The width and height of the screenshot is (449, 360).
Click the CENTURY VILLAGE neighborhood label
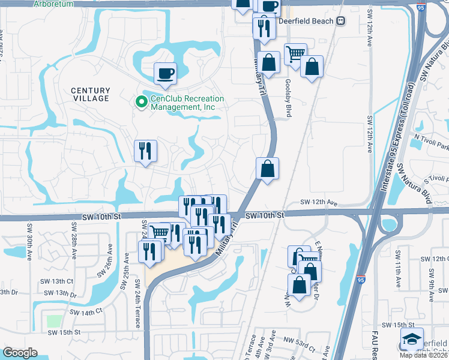[x=91, y=94]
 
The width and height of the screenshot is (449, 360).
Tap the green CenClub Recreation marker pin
[x=142, y=103]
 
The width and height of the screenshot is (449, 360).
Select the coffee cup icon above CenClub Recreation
[x=166, y=74]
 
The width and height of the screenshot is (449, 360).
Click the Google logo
[x=20, y=353]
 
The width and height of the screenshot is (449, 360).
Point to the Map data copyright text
[x=424, y=355]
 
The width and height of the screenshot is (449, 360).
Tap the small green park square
[x=54, y=321]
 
